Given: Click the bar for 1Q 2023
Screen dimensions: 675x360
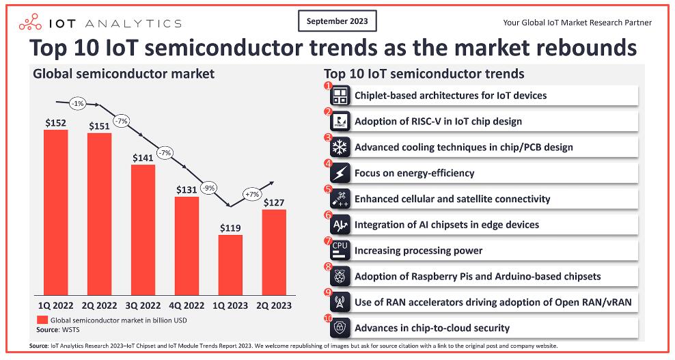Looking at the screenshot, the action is click(x=230, y=265).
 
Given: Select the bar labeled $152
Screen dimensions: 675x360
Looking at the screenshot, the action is click(x=56, y=212).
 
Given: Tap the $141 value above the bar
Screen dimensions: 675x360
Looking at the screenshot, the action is click(x=143, y=158).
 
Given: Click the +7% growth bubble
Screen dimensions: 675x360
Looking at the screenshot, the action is click(x=252, y=194).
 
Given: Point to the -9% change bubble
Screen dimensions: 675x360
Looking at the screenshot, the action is click(x=209, y=188).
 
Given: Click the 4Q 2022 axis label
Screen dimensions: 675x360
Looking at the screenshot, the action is click(x=187, y=306).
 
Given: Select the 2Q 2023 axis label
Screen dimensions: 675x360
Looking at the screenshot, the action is click(x=274, y=306).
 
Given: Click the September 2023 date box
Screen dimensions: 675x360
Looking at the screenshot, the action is click(x=337, y=21).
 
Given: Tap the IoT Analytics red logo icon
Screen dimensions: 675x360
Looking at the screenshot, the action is click(x=30, y=23).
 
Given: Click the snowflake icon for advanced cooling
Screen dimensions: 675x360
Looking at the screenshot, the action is click(x=340, y=148).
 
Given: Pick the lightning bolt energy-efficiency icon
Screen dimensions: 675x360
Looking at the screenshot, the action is click(x=340, y=173).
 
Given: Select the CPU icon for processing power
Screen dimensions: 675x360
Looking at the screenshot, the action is click(x=340, y=251).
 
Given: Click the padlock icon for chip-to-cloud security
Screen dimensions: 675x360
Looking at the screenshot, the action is click(x=340, y=328).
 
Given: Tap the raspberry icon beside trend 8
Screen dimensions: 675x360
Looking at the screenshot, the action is click(x=340, y=277).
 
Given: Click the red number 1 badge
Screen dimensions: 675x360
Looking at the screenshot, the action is click(x=329, y=85).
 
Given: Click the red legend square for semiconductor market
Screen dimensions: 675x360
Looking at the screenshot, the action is click(x=42, y=320).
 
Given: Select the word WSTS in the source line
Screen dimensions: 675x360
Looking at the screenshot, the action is click(x=71, y=330).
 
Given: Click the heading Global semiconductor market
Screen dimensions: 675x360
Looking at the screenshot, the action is click(x=124, y=74).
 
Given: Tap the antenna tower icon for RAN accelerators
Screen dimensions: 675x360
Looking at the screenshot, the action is click(x=340, y=303).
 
